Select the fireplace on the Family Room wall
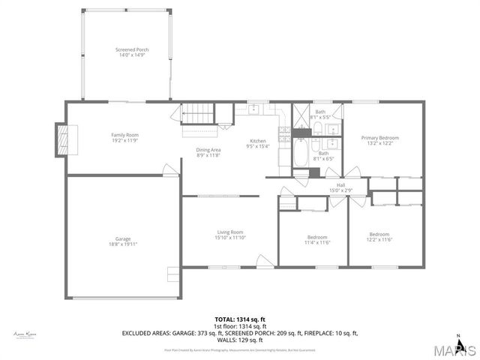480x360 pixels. point(64,139)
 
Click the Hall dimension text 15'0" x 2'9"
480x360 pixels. point(340,190)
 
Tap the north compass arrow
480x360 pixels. point(471,346)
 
